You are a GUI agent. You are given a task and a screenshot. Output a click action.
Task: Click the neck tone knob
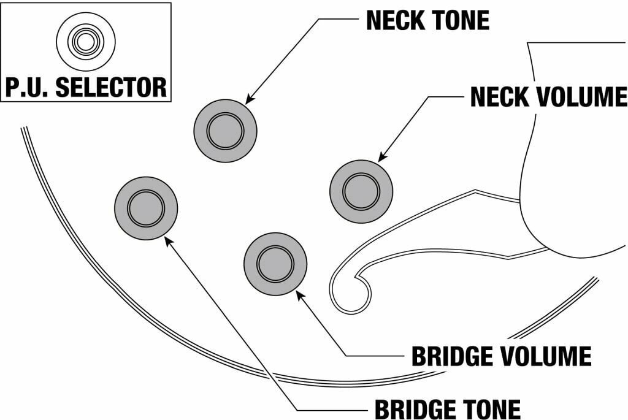coord(225,131)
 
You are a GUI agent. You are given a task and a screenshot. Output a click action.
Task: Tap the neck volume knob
coord(361,191)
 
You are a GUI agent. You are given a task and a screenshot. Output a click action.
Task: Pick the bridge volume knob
coord(275,264)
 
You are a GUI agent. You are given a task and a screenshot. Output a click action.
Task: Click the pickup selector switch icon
coord(85,42)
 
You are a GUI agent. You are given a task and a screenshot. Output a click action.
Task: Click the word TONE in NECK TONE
coord(461,20)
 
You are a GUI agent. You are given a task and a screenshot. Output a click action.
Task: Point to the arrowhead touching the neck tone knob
coord(250,99)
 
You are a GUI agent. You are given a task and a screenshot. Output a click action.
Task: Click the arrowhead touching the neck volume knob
coord(382,159)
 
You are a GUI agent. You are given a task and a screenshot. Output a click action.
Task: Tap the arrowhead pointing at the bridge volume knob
coord(299,295)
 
